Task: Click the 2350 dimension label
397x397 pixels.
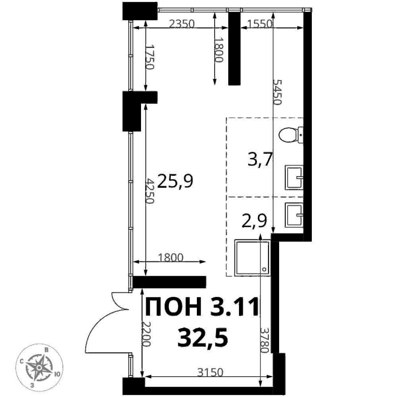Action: (x=182, y=24)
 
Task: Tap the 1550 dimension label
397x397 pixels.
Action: (x=260, y=24)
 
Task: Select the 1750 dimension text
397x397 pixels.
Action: (x=150, y=57)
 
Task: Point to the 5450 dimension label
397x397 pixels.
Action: (x=277, y=92)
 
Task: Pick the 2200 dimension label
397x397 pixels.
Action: (x=146, y=334)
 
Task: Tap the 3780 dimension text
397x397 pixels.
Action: (x=264, y=340)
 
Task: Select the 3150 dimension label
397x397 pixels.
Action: (x=210, y=373)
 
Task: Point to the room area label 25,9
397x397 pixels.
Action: (x=175, y=181)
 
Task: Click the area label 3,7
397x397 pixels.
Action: (x=260, y=160)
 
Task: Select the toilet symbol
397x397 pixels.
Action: (x=291, y=135)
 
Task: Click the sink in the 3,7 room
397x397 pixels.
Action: (x=294, y=177)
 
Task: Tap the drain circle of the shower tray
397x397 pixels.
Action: (x=264, y=269)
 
